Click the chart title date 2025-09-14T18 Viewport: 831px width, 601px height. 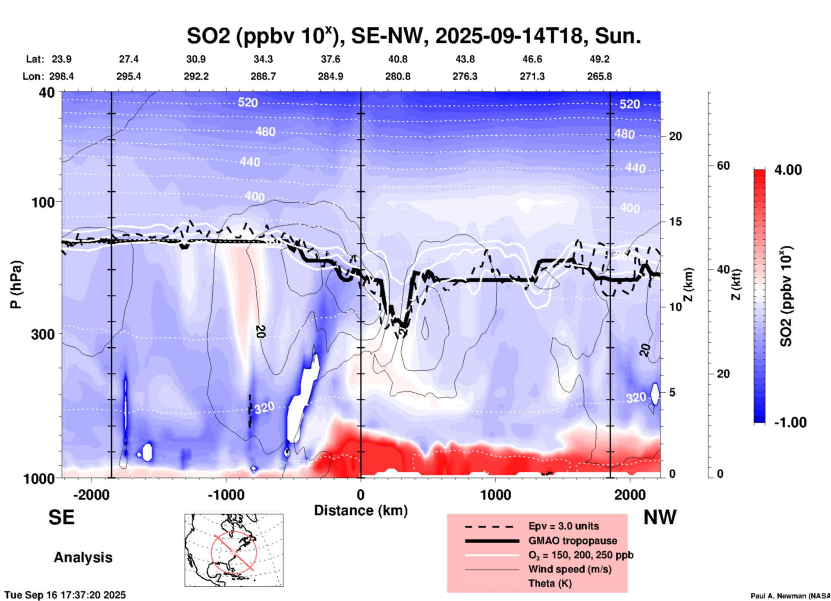click(509, 35)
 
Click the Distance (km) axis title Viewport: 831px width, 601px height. click(361, 510)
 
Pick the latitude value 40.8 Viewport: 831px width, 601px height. click(397, 59)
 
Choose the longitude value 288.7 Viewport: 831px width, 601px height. click(263, 76)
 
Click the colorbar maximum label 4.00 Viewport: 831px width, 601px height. click(788, 170)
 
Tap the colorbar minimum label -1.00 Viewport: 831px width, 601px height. click(790, 423)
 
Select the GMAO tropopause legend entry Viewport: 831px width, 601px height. click(573, 541)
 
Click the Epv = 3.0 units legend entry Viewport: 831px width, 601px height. click(563, 526)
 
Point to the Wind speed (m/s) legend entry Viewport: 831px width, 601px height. click(570, 569)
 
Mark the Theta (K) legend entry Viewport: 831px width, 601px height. click(550, 583)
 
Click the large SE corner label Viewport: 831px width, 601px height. click(61, 517)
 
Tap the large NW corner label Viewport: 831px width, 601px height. click(660, 517)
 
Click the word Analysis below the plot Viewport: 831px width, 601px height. click(83, 557)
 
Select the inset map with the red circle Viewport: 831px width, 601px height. click(234, 550)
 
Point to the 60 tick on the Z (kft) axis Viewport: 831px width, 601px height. click(723, 166)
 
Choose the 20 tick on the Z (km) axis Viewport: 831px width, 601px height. click(675, 136)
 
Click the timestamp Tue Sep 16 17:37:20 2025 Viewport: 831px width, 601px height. click(65, 595)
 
